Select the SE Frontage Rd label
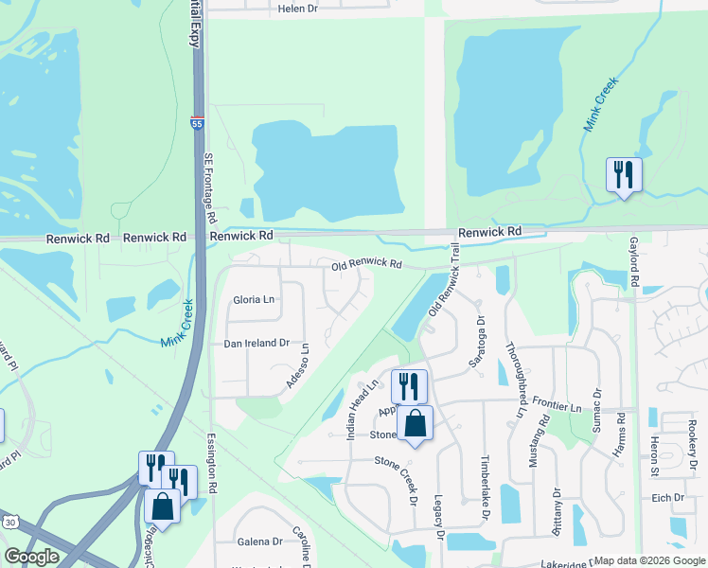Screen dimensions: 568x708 tap(210, 188)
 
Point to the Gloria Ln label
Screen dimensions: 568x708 tap(254, 300)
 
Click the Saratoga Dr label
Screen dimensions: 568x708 tap(479, 345)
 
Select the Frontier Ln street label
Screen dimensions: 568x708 tap(556, 404)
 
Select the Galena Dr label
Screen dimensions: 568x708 tap(265, 541)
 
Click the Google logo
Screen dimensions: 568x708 tap(31, 558)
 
